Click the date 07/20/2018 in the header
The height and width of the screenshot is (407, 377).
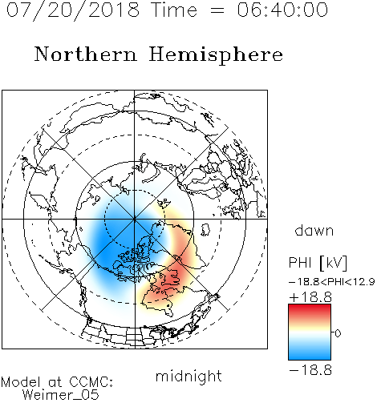pos(73,10)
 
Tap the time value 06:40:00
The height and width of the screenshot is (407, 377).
pos(282,10)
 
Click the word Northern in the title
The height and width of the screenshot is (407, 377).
pos(85,54)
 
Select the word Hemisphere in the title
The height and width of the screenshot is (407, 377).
pos(216,55)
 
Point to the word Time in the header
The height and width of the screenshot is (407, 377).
pos(174,10)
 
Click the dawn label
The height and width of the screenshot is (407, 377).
pos(314,230)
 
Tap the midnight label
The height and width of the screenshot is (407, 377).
pos(188,376)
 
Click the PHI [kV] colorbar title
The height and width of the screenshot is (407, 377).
pos(318,263)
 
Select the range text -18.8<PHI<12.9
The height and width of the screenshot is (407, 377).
pos(331,281)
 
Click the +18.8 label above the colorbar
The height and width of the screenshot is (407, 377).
pos(310,297)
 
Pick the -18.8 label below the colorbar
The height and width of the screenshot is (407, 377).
pos(310,370)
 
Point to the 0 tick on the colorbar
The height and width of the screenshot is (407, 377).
pos(338,333)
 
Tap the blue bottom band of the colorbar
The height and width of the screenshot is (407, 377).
pos(310,354)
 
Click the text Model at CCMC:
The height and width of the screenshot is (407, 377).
pos(57,382)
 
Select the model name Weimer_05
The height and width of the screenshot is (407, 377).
pos(61,395)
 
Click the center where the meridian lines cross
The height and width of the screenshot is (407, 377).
pos(135,220)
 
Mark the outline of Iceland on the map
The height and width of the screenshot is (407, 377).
pos(205,230)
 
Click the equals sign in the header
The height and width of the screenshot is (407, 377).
pos(217,10)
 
